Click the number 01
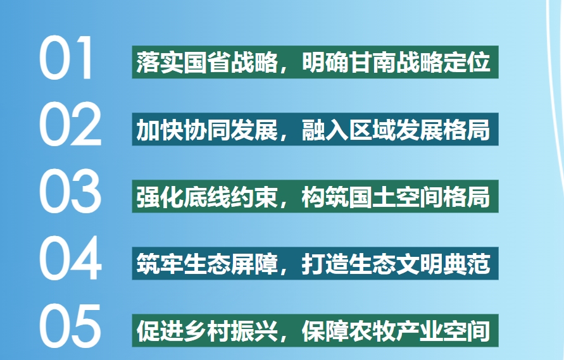pyautogui.click(x=66, y=58)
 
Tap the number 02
pyautogui.click(x=70, y=124)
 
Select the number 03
pyautogui.click(x=70, y=191)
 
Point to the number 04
pyautogui.click(x=70, y=258)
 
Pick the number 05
pyautogui.click(x=70, y=325)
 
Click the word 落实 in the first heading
pyautogui.click(x=160, y=62)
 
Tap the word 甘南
pyautogui.click(x=372, y=62)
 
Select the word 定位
pyautogui.click(x=467, y=62)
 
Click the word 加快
pyautogui.click(x=160, y=130)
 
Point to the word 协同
pyautogui.click(x=207, y=130)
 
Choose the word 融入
pyautogui.click(x=325, y=130)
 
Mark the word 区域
pyautogui.click(x=372, y=130)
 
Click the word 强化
pyautogui.click(x=160, y=197)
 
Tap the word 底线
pyautogui.click(x=207, y=197)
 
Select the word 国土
pyautogui.click(x=372, y=197)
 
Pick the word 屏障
pyautogui.click(x=254, y=264)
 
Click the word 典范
pyautogui.click(x=467, y=264)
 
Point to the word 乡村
pyautogui.click(x=207, y=331)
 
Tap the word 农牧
pyautogui.click(x=372, y=331)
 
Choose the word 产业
pyautogui.click(x=420, y=331)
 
